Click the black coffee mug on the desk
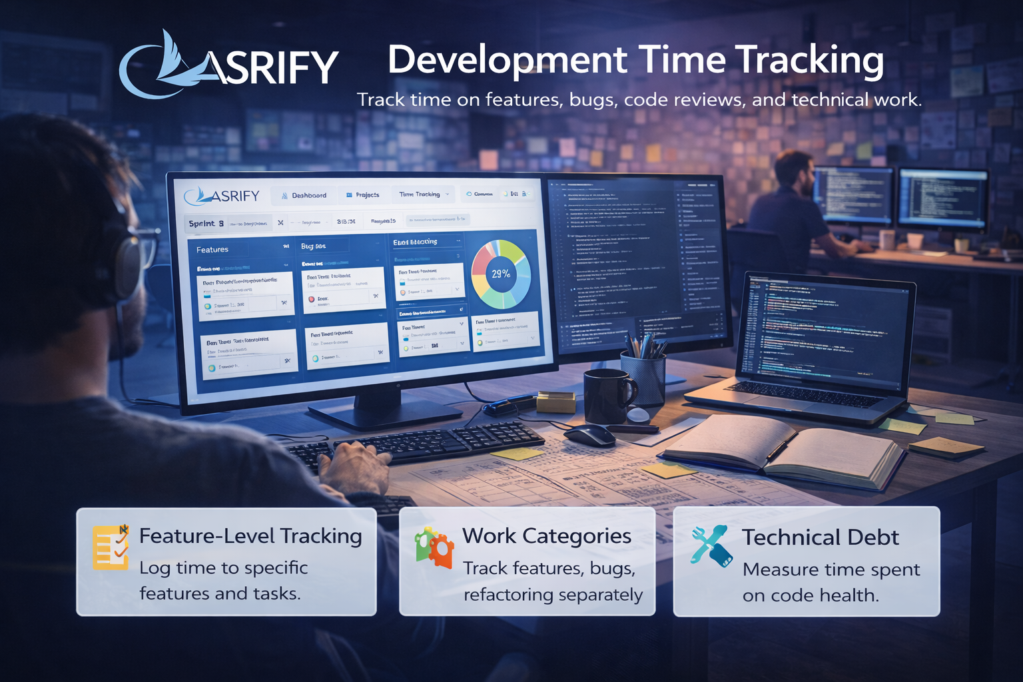pyautogui.click(x=607, y=396)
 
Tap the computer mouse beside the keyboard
pyautogui.click(x=590, y=436)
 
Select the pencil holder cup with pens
pyautogui.click(x=643, y=377)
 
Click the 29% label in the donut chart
pyautogui.click(x=501, y=274)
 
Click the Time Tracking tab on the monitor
pyautogui.click(x=420, y=194)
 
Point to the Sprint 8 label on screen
pyautogui.click(x=206, y=224)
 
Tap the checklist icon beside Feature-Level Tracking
pyautogui.click(x=111, y=547)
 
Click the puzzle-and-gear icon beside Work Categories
pyautogui.click(x=434, y=547)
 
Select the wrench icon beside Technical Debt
pyautogui.click(x=711, y=545)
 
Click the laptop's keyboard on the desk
pyautogui.click(x=803, y=394)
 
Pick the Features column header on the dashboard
pyautogui.click(x=212, y=250)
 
